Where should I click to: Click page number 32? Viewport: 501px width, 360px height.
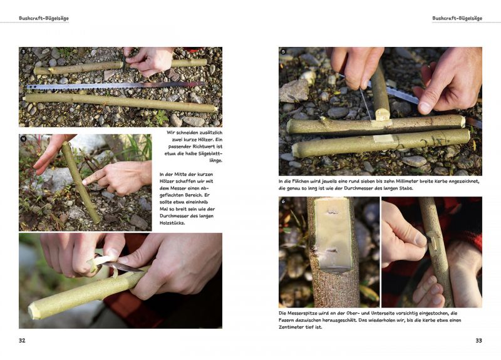click(22, 341)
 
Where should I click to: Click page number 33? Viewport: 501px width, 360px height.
click(478, 341)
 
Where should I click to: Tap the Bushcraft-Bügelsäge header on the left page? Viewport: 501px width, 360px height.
click(44, 18)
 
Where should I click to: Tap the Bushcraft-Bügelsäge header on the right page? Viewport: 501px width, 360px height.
click(457, 18)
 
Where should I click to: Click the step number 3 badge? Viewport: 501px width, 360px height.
click(23, 52)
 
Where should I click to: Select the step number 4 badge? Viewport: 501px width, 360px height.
click(23, 138)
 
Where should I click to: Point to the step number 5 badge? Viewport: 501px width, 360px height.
click(284, 51)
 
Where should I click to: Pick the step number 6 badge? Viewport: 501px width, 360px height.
click(283, 201)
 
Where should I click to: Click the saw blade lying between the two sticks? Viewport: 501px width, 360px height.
click(115, 86)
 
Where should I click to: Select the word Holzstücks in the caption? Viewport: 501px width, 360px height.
click(173, 223)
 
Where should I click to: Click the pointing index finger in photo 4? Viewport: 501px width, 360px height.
click(93, 177)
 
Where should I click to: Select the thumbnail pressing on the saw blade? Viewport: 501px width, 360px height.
click(425, 108)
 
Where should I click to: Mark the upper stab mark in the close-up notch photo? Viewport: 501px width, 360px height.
click(333, 212)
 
